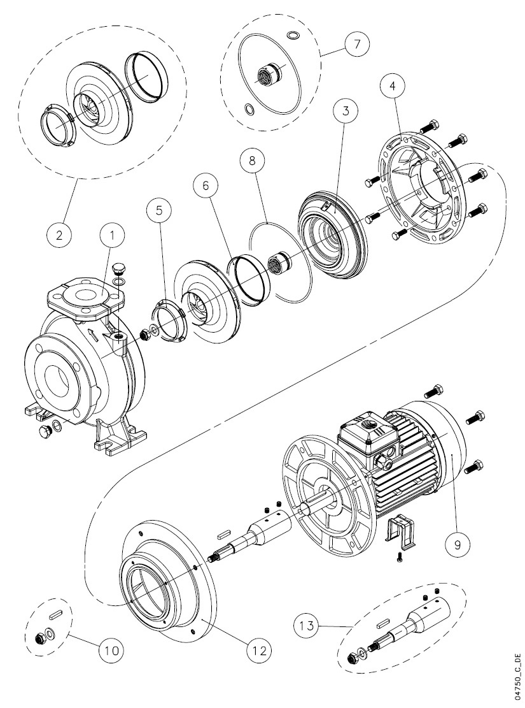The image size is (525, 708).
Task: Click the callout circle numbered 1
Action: pyautogui.click(x=113, y=235)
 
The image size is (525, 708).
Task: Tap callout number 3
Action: pyautogui.click(x=346, y=111)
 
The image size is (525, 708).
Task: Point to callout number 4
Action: pyautogui.click(x=393, y=85)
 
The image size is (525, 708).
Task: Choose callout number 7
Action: pyautogui.click(x=357, y=44)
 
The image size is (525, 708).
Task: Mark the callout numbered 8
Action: pyautogui.click(x=252, y=161)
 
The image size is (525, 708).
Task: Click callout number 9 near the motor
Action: pyautogui.click(x=456, y=545)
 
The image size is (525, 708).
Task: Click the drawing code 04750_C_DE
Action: pyautogui.click(x=517, y=674)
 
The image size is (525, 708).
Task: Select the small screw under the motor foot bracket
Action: pyautogui.click(x=399, y=558)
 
